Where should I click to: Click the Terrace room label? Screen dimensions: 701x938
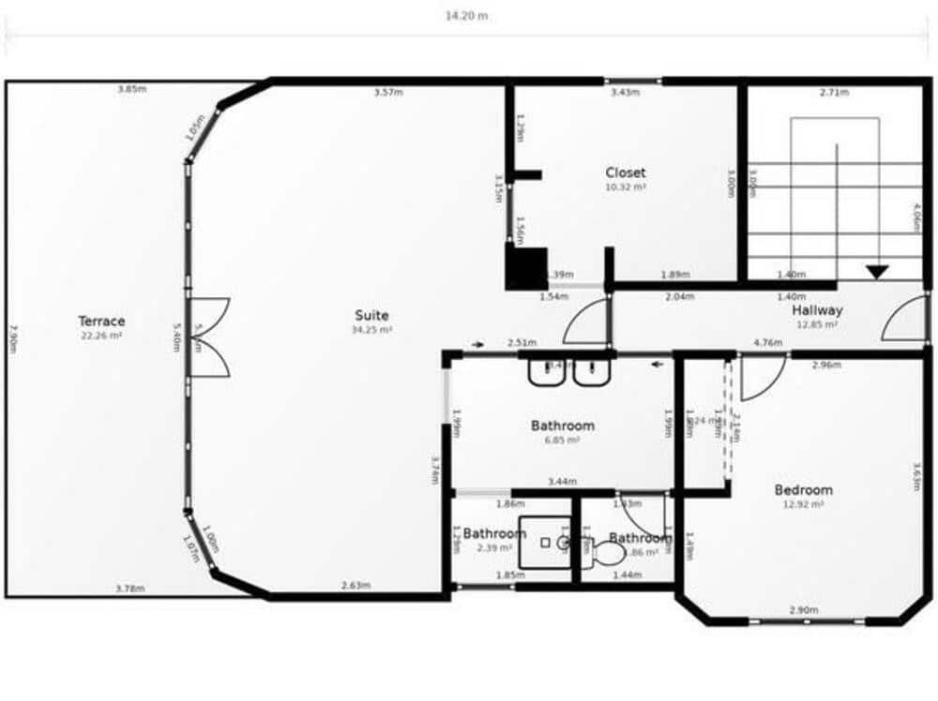coord(101,321)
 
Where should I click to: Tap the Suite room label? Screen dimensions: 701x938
coord(371,316)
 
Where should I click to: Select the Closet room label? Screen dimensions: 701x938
coord(625,172)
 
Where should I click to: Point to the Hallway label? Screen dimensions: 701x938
coord(817,310)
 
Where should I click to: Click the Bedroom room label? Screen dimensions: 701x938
coord(803,490)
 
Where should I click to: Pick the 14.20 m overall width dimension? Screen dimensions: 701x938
coord(466,16)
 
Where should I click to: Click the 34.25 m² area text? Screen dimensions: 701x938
coord(371,330)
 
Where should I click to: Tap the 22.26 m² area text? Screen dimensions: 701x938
coord(101,336)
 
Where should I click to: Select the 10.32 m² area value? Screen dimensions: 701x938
coord(625,187)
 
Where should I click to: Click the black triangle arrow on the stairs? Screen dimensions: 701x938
coord(877,272)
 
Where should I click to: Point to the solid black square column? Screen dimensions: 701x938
coord(526,268)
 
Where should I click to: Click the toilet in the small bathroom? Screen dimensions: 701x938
coord(608,554)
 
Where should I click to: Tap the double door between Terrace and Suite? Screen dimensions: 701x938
coord(208,337)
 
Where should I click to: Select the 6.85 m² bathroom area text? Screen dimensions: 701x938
coord(563,440)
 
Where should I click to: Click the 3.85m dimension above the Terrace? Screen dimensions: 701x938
coord(131,90)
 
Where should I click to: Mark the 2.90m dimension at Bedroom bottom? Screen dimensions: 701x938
coord(804,611)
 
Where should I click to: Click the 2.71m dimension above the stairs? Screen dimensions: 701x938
coord(834,93)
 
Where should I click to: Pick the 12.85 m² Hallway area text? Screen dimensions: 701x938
coord(817,324)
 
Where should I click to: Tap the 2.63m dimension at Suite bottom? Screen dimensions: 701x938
coord(355,587)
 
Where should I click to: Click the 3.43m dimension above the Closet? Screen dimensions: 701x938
coord(625,93)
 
